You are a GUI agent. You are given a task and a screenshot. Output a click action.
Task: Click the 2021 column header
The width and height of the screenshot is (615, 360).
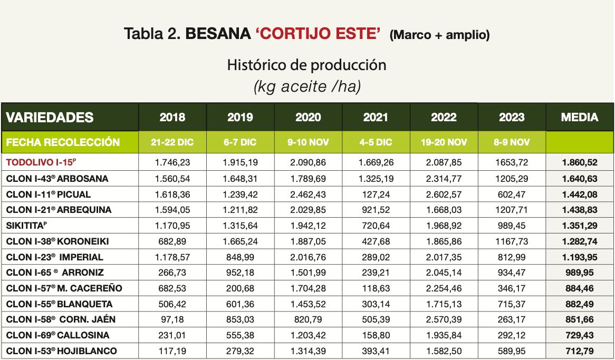pyautogui.click(x=376, y=117)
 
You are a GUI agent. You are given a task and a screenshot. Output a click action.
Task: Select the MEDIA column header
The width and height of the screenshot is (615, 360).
pyautogui.click(x=580, y=117)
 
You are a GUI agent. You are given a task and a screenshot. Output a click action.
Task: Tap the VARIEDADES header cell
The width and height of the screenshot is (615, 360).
pyautogui.click(x=50, y=117)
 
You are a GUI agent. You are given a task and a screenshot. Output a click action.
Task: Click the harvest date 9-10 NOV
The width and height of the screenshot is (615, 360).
pyautogui.click(x=308, y=142)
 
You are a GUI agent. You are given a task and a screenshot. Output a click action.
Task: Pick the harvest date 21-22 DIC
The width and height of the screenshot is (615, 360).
pyautogui.click(x=172, y=142)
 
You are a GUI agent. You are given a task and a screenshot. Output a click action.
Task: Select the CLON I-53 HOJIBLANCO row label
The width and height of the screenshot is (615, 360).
pyautogui.click(x=62, y=351)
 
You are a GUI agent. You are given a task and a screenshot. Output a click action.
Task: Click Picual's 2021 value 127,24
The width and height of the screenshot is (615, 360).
pyautogui.click(x=376, y=194)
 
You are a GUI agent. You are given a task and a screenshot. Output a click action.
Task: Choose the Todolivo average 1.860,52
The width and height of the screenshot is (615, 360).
pyautogui.click(x=579, y=163)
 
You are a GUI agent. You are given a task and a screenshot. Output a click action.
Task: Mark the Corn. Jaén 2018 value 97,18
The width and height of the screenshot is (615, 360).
pyautogui.click(x=172, y=320)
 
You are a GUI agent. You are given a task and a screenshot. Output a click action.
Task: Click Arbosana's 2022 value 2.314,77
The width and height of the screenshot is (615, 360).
pyautogui.click(x=444, y=179)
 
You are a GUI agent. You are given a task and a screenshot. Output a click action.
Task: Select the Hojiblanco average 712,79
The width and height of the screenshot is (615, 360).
pyautogui.click(x=579, y=351)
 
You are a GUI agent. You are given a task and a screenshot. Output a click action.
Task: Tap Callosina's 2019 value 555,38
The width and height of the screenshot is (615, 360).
pyautogui.click(x=240, y=335)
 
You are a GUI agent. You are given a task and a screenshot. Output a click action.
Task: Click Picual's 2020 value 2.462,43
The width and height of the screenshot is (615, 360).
pyautogui.click(x=308, y=194)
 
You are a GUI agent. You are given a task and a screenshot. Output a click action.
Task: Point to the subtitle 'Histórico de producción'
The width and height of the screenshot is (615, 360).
pyautogui.click(x=307, y=65)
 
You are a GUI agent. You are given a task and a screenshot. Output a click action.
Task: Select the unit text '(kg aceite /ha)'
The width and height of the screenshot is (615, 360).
pyautogui.click(x=307, y=86)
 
